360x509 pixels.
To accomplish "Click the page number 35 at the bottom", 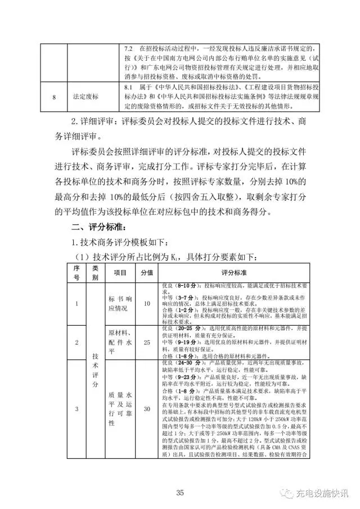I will coord(180,493).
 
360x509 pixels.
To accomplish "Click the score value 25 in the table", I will coord(147,343).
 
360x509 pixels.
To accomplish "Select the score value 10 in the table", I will coord(147,304).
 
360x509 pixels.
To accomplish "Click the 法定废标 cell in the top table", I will coord(85,96).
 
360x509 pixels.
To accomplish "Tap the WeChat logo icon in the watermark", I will coord(287,493).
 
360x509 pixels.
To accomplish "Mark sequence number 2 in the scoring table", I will coord(76,343).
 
